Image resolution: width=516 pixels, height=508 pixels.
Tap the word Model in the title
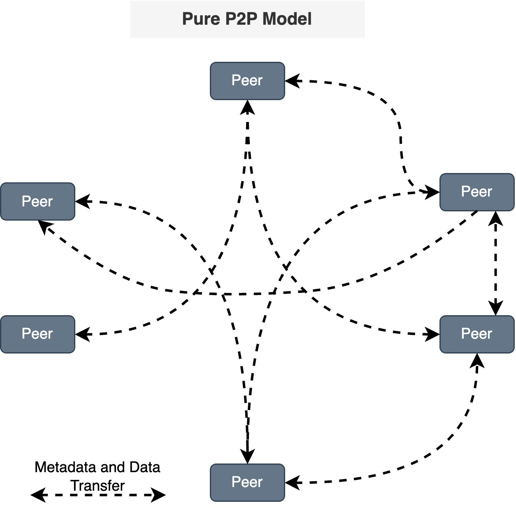287,19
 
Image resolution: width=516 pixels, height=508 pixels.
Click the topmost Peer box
247,81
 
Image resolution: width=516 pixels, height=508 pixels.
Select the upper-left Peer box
37,201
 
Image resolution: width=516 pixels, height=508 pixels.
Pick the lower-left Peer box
37,334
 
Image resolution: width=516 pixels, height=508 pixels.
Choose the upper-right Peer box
476,192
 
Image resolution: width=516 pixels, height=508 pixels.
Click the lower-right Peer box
476,334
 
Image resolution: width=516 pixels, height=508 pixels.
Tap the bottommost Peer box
247,482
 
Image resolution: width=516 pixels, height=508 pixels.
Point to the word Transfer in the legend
98,486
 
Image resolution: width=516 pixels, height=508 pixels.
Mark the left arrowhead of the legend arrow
38,495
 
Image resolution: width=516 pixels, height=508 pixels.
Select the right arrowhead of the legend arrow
158,495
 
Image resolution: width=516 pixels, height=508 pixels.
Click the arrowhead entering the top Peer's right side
292,81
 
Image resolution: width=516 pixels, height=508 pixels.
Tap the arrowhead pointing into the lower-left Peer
82,334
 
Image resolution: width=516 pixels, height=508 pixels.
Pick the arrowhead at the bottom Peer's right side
292,482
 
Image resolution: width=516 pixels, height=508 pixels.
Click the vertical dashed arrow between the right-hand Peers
495,264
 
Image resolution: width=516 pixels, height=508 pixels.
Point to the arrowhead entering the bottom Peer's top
247,456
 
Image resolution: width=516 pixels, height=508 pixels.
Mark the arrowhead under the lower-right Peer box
477,360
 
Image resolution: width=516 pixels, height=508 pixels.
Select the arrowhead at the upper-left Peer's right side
82,201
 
